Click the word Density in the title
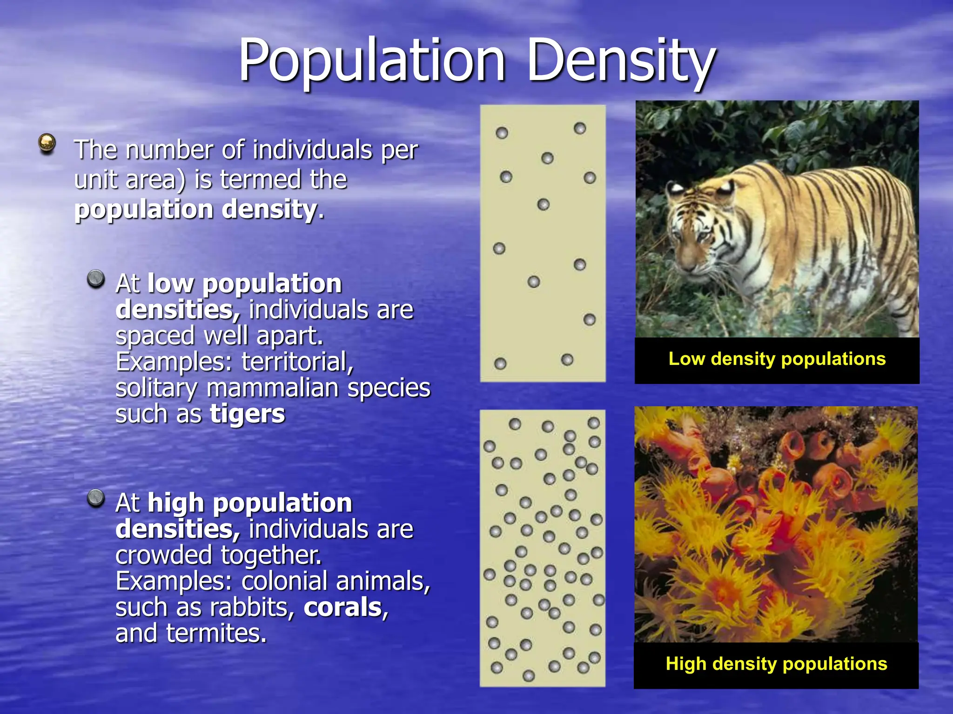tap(621, 60)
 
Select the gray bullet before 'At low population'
tap(96, 279)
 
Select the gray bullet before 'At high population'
tap(96, 498)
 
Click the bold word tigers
tap(247, 414)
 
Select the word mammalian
tap(273, 388)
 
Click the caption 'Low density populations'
tap(777, 359)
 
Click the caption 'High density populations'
tap(776, 664)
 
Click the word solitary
tap(156, 388)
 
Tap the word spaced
tap(155, 336)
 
